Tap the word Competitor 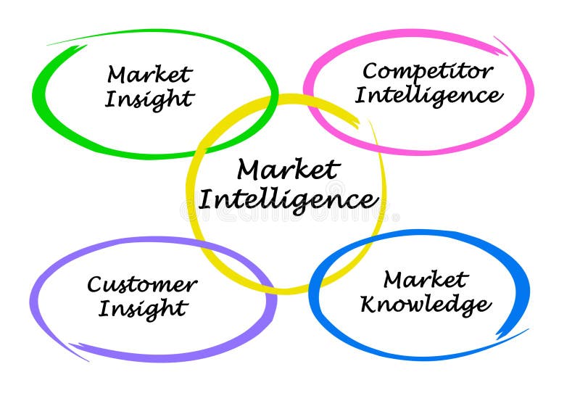[x=428, y=71]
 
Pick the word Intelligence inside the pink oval [x=428, y=95]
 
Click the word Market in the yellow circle [x=288, y=170]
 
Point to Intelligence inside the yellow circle [x=288, y=198]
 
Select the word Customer [x=141, y=284]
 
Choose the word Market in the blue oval [x=426, y=279]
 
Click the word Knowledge [x=425, y=305]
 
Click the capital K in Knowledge [x=370, y=304]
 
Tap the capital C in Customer [x=95, y=284]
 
